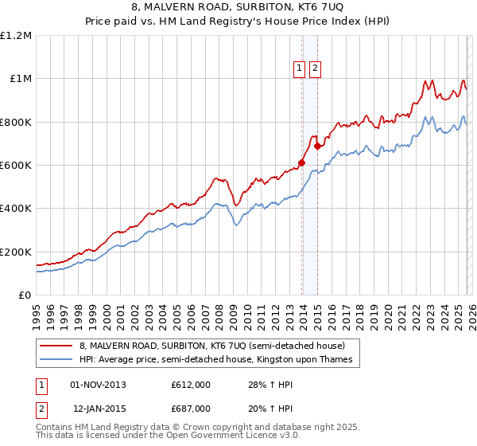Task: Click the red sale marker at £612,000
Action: [301, 162]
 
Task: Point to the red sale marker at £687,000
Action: [317, 147]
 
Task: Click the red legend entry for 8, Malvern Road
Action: [211, 346]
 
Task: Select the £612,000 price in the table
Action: [191, 385]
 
